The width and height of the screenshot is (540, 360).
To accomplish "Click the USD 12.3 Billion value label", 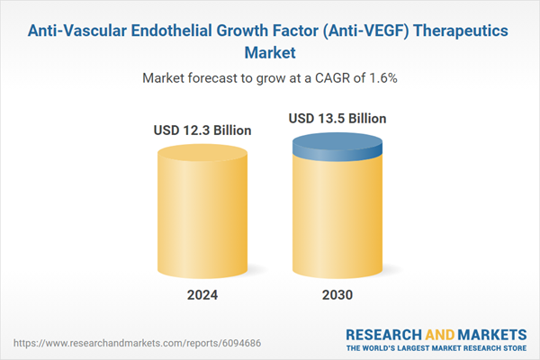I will [202, 130].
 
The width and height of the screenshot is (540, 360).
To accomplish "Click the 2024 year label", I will [202, 296].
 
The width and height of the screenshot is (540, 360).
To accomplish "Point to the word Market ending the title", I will [269, 53].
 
